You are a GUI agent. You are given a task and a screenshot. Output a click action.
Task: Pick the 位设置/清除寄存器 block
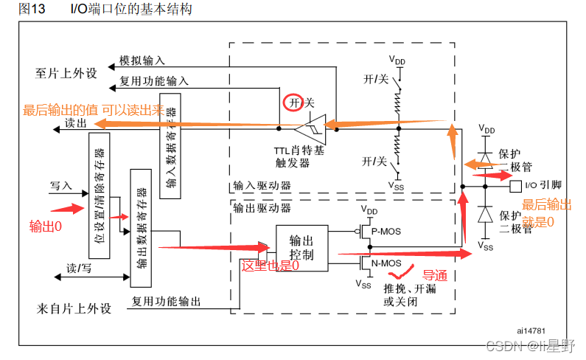click(x=99, y=195)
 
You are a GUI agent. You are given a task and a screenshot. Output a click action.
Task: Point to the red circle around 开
click(x=291, y=103)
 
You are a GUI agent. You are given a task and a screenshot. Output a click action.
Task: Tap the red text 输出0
click(x=46, y=226)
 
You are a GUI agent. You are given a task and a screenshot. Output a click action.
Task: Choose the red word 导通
click(x=435, y=274)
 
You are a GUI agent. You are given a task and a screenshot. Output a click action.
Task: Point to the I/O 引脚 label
click(x=541, y=186)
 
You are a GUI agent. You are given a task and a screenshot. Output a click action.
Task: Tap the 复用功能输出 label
click(x=166, y=301)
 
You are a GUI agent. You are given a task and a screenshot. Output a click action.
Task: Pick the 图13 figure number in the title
click(x=32, y=9)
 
